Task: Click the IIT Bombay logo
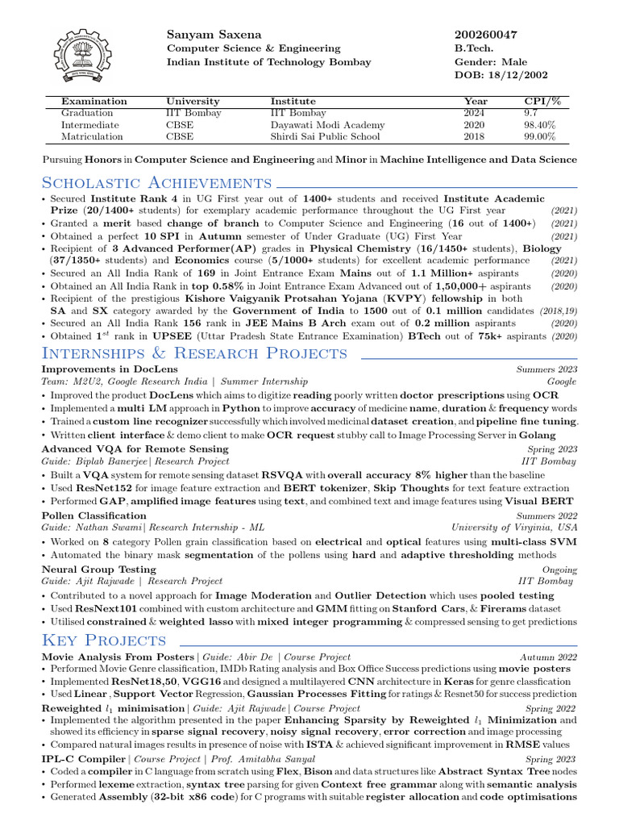pos(84,58)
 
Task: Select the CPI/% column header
pos(542,102)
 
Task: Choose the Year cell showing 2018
pos(475,137)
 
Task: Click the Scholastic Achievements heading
pos(156,183)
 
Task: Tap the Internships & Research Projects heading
pos(194,353)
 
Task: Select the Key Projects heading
pos(104,640)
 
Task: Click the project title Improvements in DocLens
pos(110,369)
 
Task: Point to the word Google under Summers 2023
pos(562,382)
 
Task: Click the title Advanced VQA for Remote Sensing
pos(135,448)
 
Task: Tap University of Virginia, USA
pos(514,528)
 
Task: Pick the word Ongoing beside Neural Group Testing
pos(559,569)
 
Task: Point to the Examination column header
pos(94,102)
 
